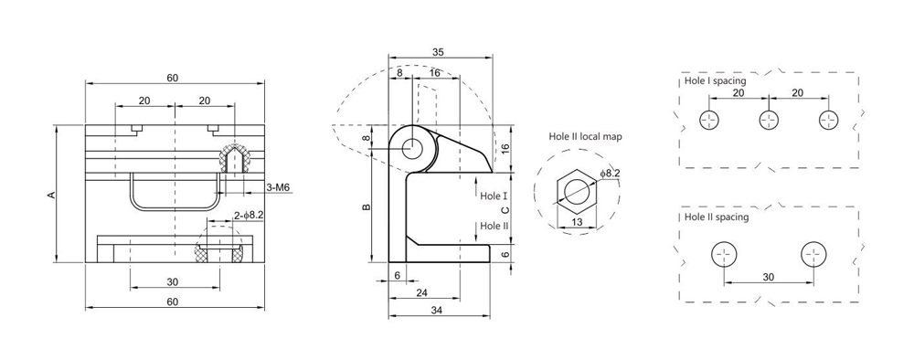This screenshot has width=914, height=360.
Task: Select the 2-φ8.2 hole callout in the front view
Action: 249,215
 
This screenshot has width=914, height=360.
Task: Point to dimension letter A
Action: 52,194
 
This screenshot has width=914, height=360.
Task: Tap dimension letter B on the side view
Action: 366,207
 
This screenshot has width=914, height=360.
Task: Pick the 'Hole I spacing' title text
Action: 716,80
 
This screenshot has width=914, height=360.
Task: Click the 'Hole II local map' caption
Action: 585,136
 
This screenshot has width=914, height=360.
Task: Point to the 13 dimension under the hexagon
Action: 578,221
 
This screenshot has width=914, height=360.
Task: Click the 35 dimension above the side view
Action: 440,52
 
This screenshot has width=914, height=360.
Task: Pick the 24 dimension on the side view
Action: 421,292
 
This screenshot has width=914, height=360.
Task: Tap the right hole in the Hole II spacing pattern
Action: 813,254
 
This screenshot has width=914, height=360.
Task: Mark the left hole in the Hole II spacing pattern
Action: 724,254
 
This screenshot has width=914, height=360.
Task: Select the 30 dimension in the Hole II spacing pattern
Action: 768,277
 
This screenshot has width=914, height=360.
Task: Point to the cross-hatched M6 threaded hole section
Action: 237,157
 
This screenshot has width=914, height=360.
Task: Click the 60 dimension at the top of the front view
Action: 173,77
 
